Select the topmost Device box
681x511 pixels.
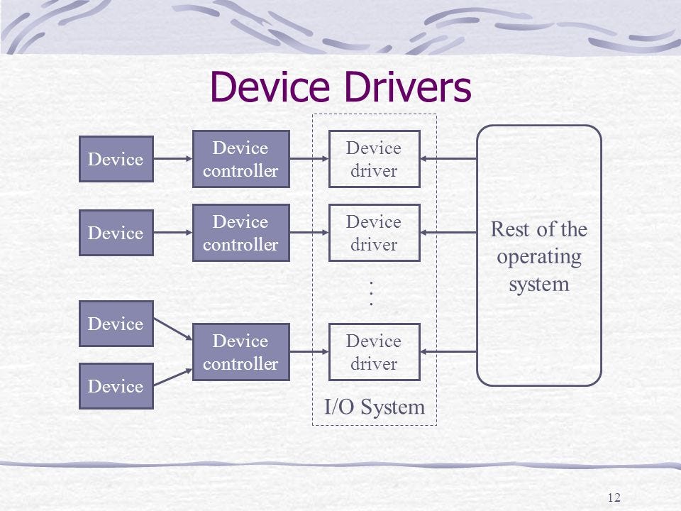[x=116, y=159]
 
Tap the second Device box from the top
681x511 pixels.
[x=116, y=233]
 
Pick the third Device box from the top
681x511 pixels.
[x=116, y=324]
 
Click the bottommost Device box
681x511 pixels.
[x=116, y=386]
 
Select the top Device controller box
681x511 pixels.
[x=240, y=159]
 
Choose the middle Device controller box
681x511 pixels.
[x=240, y=233]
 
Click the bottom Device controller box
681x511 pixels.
[x=240, y=352]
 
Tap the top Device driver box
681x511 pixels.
[x=374, y=159]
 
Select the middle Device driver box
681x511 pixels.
[x=374, y=233]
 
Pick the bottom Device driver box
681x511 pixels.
[x=374, y=352]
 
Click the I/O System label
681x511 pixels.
[x=374, y=407]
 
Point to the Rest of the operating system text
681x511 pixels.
[x=539, y=257]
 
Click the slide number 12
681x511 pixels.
[x=614, y=496]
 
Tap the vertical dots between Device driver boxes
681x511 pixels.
[x=371, y=293]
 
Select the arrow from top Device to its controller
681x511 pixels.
[x=172, y=159]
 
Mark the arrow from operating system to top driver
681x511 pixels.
[x=449, y=159]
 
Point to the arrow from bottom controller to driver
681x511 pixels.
[x=309, y=352]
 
